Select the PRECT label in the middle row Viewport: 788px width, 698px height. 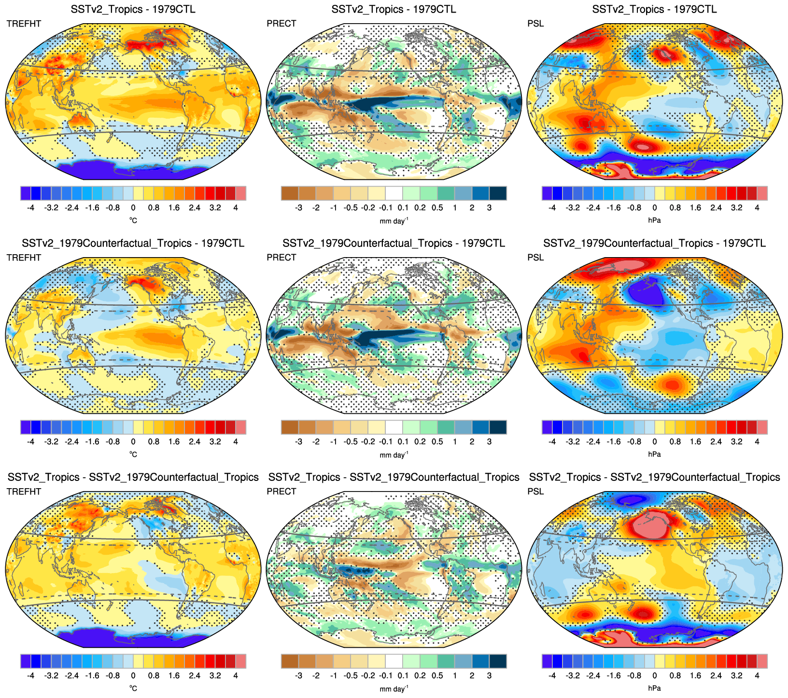coord(281,258)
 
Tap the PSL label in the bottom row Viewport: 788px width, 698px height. coord(535,492)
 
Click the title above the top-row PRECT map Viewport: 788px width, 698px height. coord(394,9)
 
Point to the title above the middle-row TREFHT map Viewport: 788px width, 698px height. coord(133,243)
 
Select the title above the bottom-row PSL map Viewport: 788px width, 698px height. coord(654,477)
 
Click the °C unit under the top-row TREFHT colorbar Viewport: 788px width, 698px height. coord(133,220)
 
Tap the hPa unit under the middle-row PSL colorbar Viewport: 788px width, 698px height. coord(654,454)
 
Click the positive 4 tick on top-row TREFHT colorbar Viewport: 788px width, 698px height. coord(236,208)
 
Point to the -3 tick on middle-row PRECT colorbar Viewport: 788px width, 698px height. coord(299,442)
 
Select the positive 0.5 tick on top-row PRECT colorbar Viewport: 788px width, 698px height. coord(437,208)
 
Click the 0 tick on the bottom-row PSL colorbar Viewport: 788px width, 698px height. coord(654,676)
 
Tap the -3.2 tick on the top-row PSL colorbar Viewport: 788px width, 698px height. coord(573,208)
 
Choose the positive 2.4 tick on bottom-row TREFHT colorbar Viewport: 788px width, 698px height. coord(195,676)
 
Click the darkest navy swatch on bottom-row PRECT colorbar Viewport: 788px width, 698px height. coord(498,661)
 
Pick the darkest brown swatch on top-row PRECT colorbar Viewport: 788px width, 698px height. coord(290,193)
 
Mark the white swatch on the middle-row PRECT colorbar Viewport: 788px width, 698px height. coord(394,427)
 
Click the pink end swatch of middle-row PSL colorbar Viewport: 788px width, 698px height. coord(762,427)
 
